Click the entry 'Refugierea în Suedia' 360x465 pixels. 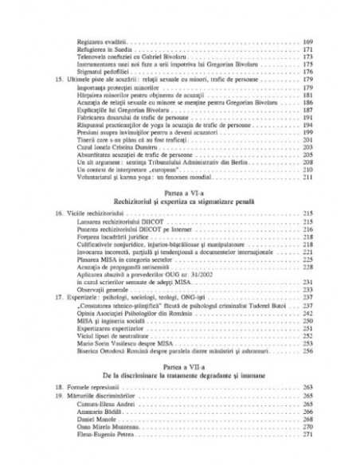tap(95, 49)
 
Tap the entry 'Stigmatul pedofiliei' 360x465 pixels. tap(95, 72)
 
